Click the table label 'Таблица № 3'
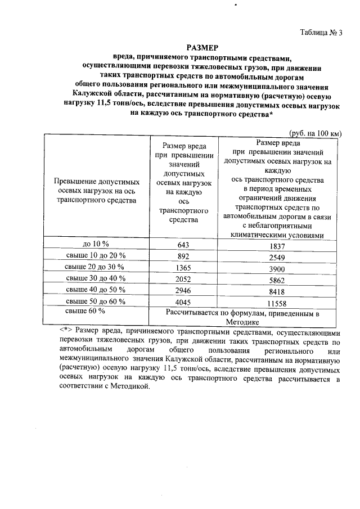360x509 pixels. point(321,32)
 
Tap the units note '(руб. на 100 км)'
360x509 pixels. point(315,133)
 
